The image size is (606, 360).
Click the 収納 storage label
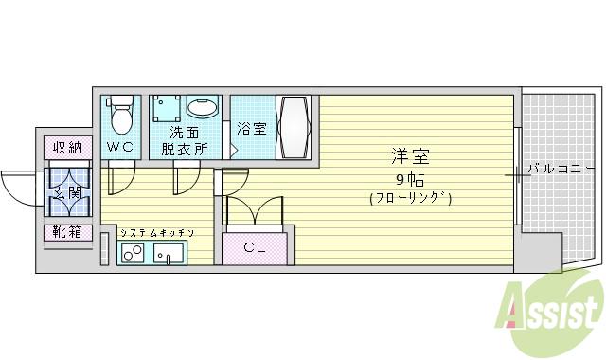pos(67,147)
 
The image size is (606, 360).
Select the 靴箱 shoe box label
pos(67,232)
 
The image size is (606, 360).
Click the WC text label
pos(120,147)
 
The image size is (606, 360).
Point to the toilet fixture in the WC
pos(120,117)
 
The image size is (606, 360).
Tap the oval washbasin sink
pos(202,107)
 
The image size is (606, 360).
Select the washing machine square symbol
pos(165,107)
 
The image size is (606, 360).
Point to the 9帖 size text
pos(410,177)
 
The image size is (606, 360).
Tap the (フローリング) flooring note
pos(410,198)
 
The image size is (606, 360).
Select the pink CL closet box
pos(254,248)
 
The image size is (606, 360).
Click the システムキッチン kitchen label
pos(157,232)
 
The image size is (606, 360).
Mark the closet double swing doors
pos(254,210)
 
